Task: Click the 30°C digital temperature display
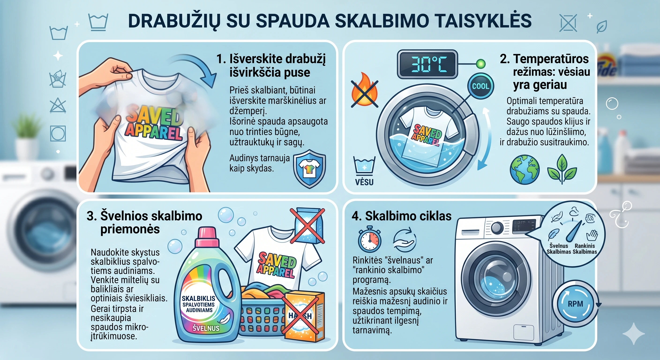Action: pyautogui.click(x=427, y=64)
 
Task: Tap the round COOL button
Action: pyautogui.click(x=481, y=86)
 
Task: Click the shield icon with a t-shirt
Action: pyautogui.click(x=310, y=169)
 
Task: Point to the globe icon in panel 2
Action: pyautogui.click(x=525, y=169)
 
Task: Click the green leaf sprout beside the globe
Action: pyautogui.click(x=562, y=169)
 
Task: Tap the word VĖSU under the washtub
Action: pyautogui.click(x=364, y=182)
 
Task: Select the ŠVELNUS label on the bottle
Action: pyautogui.click(x=206, y=328)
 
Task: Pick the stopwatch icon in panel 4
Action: pyautogui.click(x=369, y=239)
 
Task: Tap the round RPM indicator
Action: pyautogui.click(x=575, y=304)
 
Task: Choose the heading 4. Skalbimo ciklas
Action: pyautogui.click(x=401, y=216)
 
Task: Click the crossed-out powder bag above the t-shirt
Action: pyautogui.click(x=308, y=226)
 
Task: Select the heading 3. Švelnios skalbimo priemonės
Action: pyautogui.click(x=144, y=222)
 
